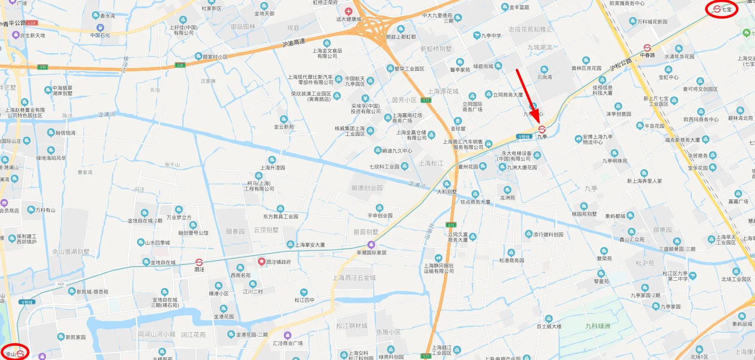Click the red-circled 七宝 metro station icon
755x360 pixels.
click(717, 9)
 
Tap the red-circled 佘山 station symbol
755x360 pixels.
click(20, 354)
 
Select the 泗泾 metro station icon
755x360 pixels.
click(199, 262)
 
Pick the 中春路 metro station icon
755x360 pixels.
click(647, 48)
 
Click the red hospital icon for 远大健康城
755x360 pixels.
click(349, 12)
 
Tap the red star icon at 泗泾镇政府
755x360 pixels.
click(262, 262)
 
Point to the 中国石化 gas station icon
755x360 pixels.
click(100, 28)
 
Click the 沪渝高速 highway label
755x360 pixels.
click(294, 43)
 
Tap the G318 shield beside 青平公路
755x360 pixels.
click(32, 23)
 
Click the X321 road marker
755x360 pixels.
click(61, 284)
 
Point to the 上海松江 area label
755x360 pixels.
click(431, 163)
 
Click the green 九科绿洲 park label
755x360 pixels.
click(598, 326)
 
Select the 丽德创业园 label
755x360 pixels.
click(367, 188)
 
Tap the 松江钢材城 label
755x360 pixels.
click(352, 326)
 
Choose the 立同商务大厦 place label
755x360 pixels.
click(508, 95)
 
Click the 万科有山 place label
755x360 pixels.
click(45, 210)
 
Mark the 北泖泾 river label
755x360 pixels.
click(429, 231)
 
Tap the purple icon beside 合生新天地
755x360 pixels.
click(16, 35)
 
